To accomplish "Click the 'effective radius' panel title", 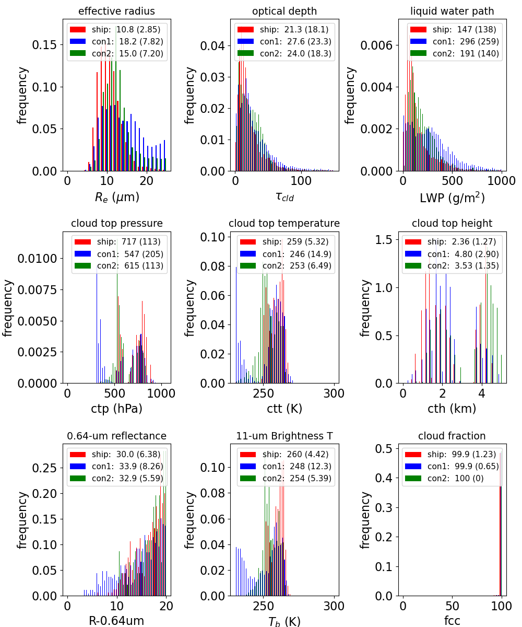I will click(116, 11).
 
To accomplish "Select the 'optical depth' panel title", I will click(284, 11).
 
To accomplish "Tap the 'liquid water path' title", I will click(452, 11).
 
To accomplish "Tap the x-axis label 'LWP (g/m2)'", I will click(452, 198).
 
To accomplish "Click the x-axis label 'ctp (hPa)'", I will click(116, 409).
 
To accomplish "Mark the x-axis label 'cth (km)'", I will click(452, 409).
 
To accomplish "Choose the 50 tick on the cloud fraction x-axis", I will click(452, 606).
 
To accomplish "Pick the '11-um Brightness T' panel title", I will click(284, 436).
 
